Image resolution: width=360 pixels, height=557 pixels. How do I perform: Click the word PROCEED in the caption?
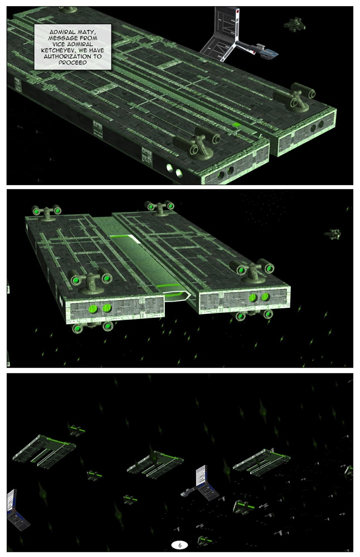coord(73,62)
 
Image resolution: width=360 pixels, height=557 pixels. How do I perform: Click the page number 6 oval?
coord(179,545)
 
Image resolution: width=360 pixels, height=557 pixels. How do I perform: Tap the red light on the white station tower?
coord(237,12)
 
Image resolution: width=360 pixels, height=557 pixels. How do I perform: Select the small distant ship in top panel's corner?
coord(294,25)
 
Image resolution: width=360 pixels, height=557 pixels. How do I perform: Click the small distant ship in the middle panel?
coord(332,234)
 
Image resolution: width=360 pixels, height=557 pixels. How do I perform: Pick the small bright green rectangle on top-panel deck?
coord(236,125)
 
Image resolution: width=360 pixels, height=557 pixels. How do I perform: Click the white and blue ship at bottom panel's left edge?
coord(16,510)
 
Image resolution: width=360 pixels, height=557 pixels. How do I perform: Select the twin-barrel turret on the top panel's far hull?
coord(295,97)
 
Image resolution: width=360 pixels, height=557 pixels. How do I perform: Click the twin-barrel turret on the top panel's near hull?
coord(196,142)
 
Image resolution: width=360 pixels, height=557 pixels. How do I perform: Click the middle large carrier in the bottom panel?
coord(155,463)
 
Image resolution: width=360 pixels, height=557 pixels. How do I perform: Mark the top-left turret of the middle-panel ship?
coord(46,212)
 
